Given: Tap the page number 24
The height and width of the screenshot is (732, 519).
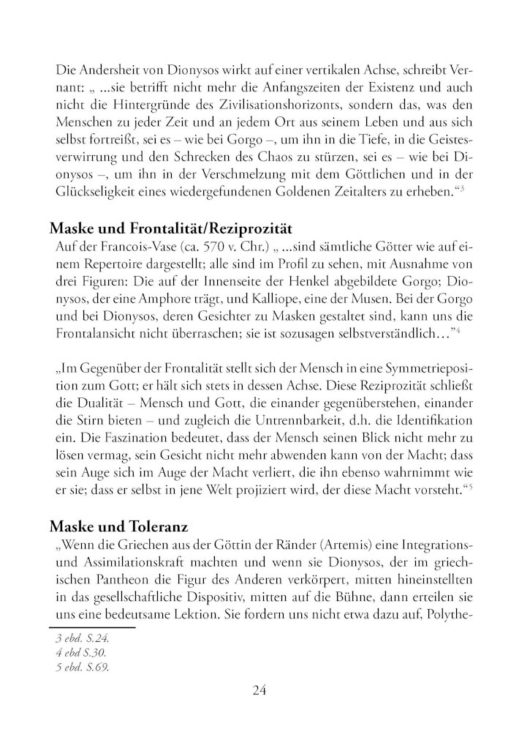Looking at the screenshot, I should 259,690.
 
